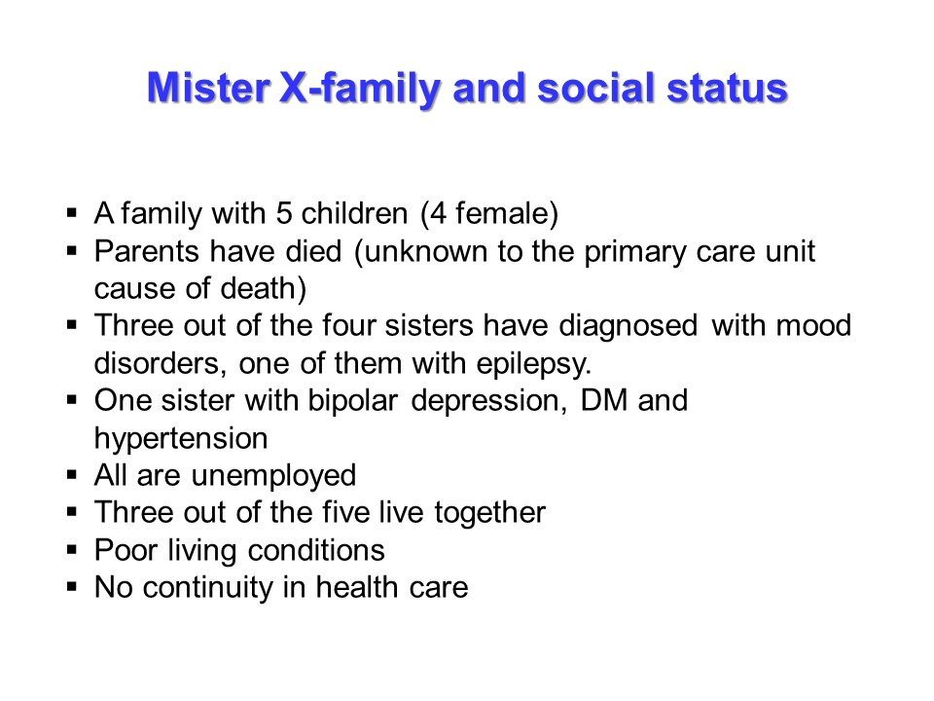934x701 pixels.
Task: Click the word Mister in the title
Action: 208,88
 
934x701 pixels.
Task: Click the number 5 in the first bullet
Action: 283,213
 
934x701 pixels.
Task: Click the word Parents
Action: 146,251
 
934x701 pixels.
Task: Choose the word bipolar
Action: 352,400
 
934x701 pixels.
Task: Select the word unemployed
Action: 274,476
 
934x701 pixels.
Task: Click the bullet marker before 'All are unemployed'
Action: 72,475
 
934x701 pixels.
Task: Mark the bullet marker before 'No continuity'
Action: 72,587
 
